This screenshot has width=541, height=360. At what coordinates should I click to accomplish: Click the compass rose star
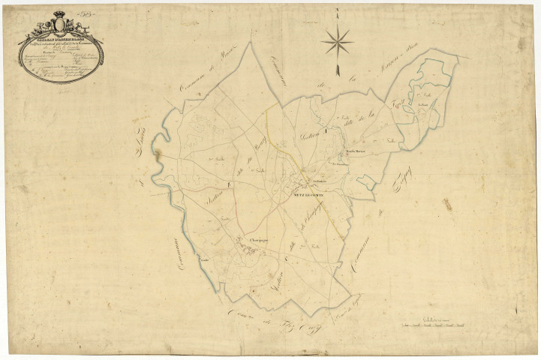click(x=337, y=40)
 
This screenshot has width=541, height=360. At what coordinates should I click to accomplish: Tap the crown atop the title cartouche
click(x=59, y=17)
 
